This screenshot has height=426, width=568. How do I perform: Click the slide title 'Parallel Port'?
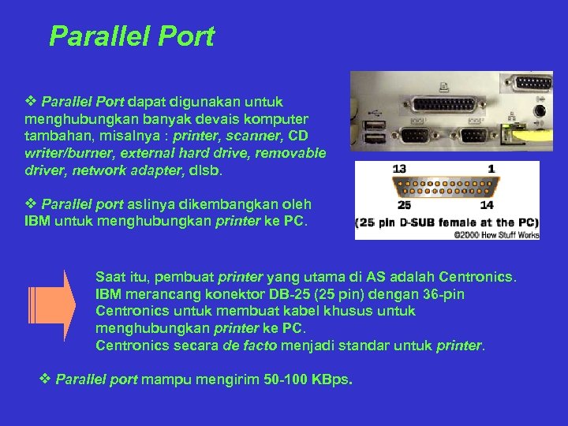click(131, 36)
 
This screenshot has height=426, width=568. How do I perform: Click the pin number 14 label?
click(487, 205)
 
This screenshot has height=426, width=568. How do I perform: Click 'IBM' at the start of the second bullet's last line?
click(39, 221)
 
